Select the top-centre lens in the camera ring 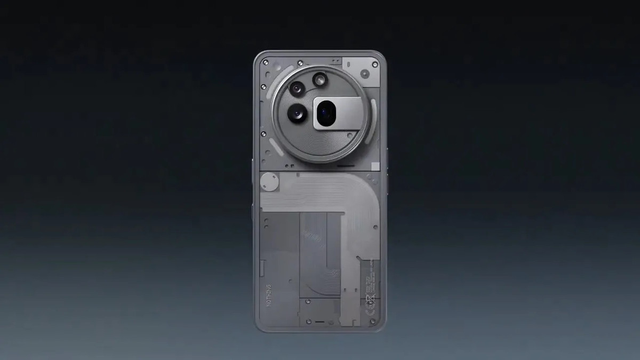319,79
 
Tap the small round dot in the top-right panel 364,73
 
